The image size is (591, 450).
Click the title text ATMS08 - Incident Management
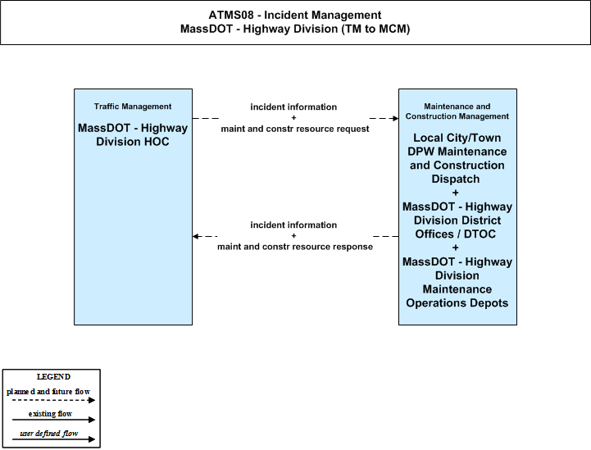[295, 15]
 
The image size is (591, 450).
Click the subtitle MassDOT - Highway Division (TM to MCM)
[295, 29]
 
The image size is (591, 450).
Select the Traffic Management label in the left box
[133, 107]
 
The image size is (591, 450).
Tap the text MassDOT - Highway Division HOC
[133, 134]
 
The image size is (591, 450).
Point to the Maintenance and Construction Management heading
[457, 111]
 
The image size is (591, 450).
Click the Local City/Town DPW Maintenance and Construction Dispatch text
[457, 158]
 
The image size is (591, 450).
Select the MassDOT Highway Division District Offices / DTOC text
[457, 220]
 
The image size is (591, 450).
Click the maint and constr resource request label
[295, 129]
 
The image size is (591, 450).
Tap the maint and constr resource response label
[295, 247]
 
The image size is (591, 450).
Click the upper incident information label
[293, 107]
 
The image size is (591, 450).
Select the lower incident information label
[293, 225]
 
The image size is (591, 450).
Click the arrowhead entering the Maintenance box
[395, 118]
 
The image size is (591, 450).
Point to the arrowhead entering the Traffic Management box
[195, 236]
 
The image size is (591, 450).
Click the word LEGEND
[53, 377]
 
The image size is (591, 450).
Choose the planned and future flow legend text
[48, 392]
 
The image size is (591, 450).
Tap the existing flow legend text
[50, 414]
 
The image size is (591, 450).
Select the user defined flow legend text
[48, 434]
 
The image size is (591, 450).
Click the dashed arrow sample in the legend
[53, 400]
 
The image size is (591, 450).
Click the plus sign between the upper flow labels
[293, 117]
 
